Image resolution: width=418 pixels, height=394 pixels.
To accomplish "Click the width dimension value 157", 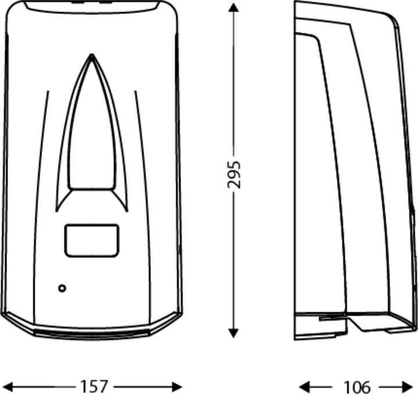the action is (x=94, y=386).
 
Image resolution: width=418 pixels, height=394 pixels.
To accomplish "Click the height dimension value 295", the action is (x=234, y=175).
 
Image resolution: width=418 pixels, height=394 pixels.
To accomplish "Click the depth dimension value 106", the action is (x=357, y=386).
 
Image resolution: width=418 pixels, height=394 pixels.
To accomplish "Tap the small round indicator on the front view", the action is (x=62, y=288).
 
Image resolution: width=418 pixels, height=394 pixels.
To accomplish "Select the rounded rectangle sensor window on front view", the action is (x=92, y=241).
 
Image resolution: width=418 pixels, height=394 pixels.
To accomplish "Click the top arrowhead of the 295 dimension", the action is (x=233, y=8).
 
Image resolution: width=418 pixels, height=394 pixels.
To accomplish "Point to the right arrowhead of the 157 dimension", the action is (x=176, y=386).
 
